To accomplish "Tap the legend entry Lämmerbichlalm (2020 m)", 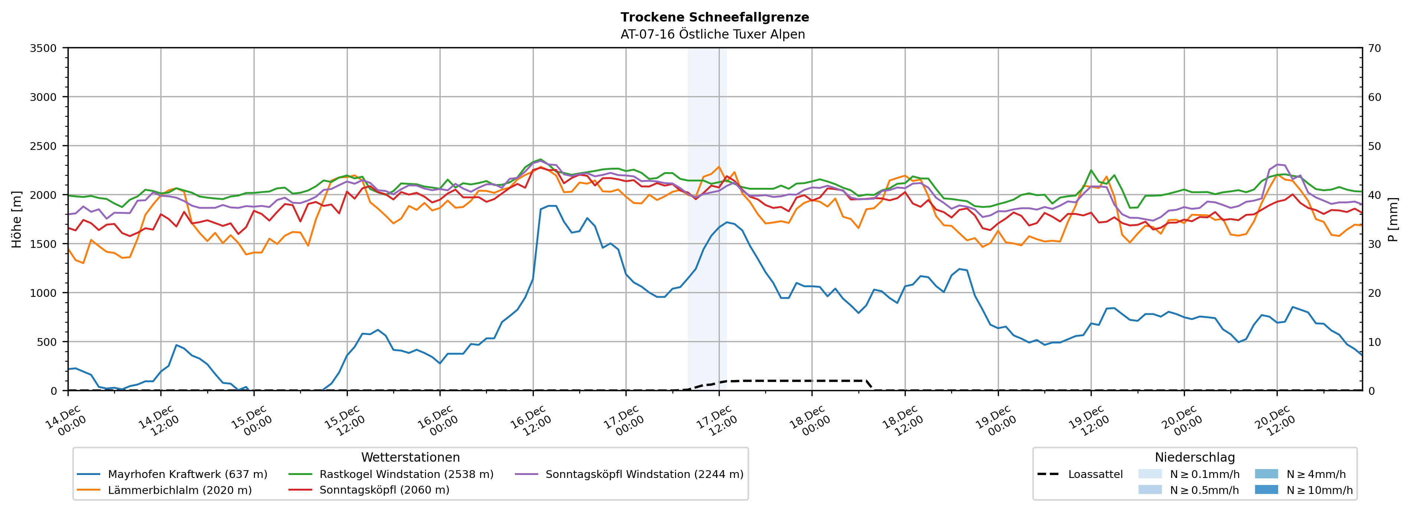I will (180, 490).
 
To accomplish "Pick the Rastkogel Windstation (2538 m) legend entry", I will (406, 474).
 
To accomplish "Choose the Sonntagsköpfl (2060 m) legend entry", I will (384, 490).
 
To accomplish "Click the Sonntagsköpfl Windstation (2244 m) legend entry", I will (644, 474).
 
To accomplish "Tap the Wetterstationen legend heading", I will (410, 457).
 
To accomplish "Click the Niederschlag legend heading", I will (1195, 457).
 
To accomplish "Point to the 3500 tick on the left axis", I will (43, 48).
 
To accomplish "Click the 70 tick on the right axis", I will (1374, 48).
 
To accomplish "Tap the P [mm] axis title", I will (1393, 219).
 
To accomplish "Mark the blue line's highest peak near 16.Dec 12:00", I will (549, 206).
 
